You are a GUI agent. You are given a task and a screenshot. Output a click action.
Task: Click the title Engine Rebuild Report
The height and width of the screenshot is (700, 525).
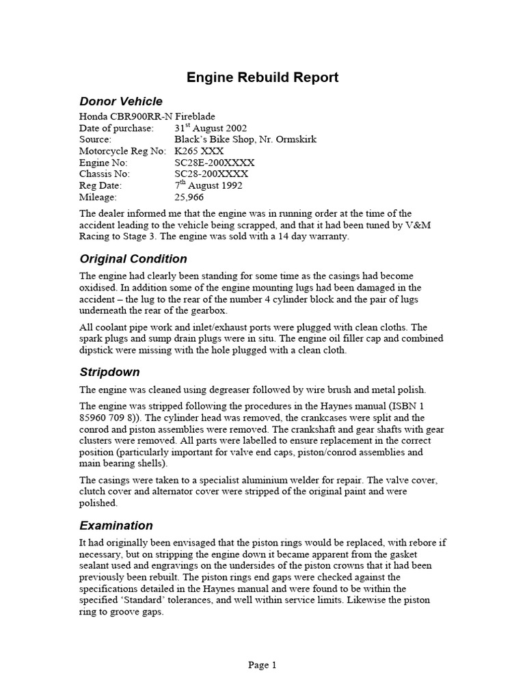tap(262, 77)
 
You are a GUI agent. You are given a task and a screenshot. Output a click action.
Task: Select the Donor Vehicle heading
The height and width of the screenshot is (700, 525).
tap(121, 102)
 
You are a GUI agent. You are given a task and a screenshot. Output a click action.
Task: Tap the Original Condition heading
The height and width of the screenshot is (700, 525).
tap(133, 259)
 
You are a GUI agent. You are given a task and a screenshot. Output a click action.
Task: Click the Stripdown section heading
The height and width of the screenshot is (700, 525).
tap(109, 373)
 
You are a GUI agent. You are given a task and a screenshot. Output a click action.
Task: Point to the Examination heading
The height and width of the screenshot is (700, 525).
tap(116, 526)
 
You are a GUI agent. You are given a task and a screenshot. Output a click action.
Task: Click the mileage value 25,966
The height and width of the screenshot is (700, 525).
tap(190, 198)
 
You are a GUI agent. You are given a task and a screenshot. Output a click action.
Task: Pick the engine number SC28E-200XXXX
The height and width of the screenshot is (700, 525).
tap(215, 163)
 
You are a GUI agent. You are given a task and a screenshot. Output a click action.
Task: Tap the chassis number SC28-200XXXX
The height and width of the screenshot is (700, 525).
tap(211, 174)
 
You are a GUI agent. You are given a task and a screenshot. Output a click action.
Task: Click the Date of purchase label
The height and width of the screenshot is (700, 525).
tap(116, 128)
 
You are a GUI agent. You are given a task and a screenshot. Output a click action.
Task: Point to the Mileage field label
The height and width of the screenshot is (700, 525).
tap(98, 198)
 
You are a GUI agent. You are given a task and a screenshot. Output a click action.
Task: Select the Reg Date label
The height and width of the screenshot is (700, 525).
tap(101, 186)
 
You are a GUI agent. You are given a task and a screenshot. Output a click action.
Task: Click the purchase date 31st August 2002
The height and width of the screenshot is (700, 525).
tap(211, 128)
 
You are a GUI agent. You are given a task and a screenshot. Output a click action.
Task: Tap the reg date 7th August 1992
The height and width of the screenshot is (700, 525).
tap(208, 185)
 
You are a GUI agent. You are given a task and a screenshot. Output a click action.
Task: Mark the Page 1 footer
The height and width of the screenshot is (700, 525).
tap(262, 664)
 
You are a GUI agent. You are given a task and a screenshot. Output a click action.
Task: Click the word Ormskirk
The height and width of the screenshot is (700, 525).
tap(293, 139)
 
